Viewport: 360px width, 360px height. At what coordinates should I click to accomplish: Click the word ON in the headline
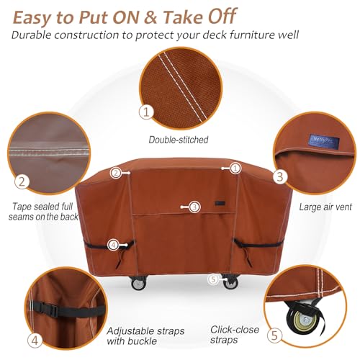[129, 14]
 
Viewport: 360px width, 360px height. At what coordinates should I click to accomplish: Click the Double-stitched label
[179, 139]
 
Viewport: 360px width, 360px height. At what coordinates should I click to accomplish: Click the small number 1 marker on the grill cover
[235, 168]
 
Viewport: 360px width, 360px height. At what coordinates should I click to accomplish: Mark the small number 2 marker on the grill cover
[115, 173]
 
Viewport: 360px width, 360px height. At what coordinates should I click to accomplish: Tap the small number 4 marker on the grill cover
[113, 246]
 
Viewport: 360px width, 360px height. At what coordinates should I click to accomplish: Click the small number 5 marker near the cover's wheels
[212, 279]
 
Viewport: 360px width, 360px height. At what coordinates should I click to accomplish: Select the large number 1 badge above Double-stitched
[147, 112]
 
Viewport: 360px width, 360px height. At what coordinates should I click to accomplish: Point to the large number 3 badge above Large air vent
[281, 174]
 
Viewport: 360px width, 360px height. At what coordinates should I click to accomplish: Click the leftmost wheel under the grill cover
[138, 284]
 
